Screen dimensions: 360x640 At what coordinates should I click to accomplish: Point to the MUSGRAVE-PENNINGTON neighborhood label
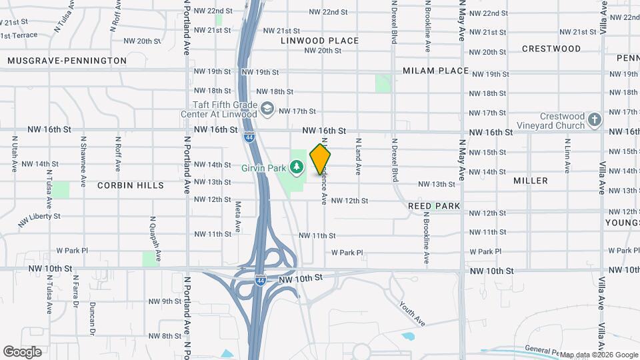click(x=67, y=61)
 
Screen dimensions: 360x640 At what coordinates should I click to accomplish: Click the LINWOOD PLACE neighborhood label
click(x=319, y=41)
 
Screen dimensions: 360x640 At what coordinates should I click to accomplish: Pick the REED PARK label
click(x=434, y=206)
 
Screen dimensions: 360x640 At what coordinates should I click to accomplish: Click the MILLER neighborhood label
click(x=531, y=181)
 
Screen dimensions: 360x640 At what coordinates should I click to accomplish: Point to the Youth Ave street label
click(x=413, y=313)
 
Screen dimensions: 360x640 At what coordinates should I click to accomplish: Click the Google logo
click(x=22, y=351)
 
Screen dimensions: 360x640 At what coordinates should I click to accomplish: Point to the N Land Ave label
click(x=358, y=157)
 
